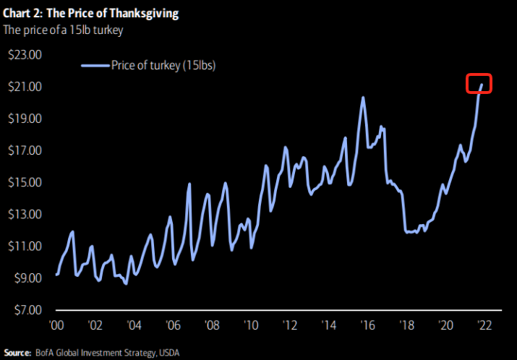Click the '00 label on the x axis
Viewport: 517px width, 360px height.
[x=57, y=325]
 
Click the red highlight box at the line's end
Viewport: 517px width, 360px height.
[x=479, y=84]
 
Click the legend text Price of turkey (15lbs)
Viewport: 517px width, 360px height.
[x=163, y=66]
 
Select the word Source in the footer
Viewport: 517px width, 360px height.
[x=17, y=352]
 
